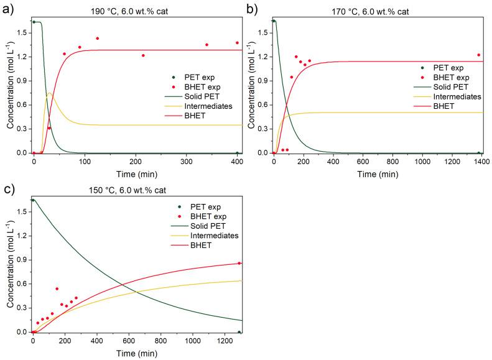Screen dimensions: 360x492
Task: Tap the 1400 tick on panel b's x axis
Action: (482, 162)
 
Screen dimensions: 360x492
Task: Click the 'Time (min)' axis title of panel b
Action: (378, 173)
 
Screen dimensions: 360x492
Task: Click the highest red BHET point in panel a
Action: (98, 39)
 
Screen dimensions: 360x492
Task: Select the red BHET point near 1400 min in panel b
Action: (478, 55)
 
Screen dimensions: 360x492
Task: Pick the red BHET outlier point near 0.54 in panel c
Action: (57, 288)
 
